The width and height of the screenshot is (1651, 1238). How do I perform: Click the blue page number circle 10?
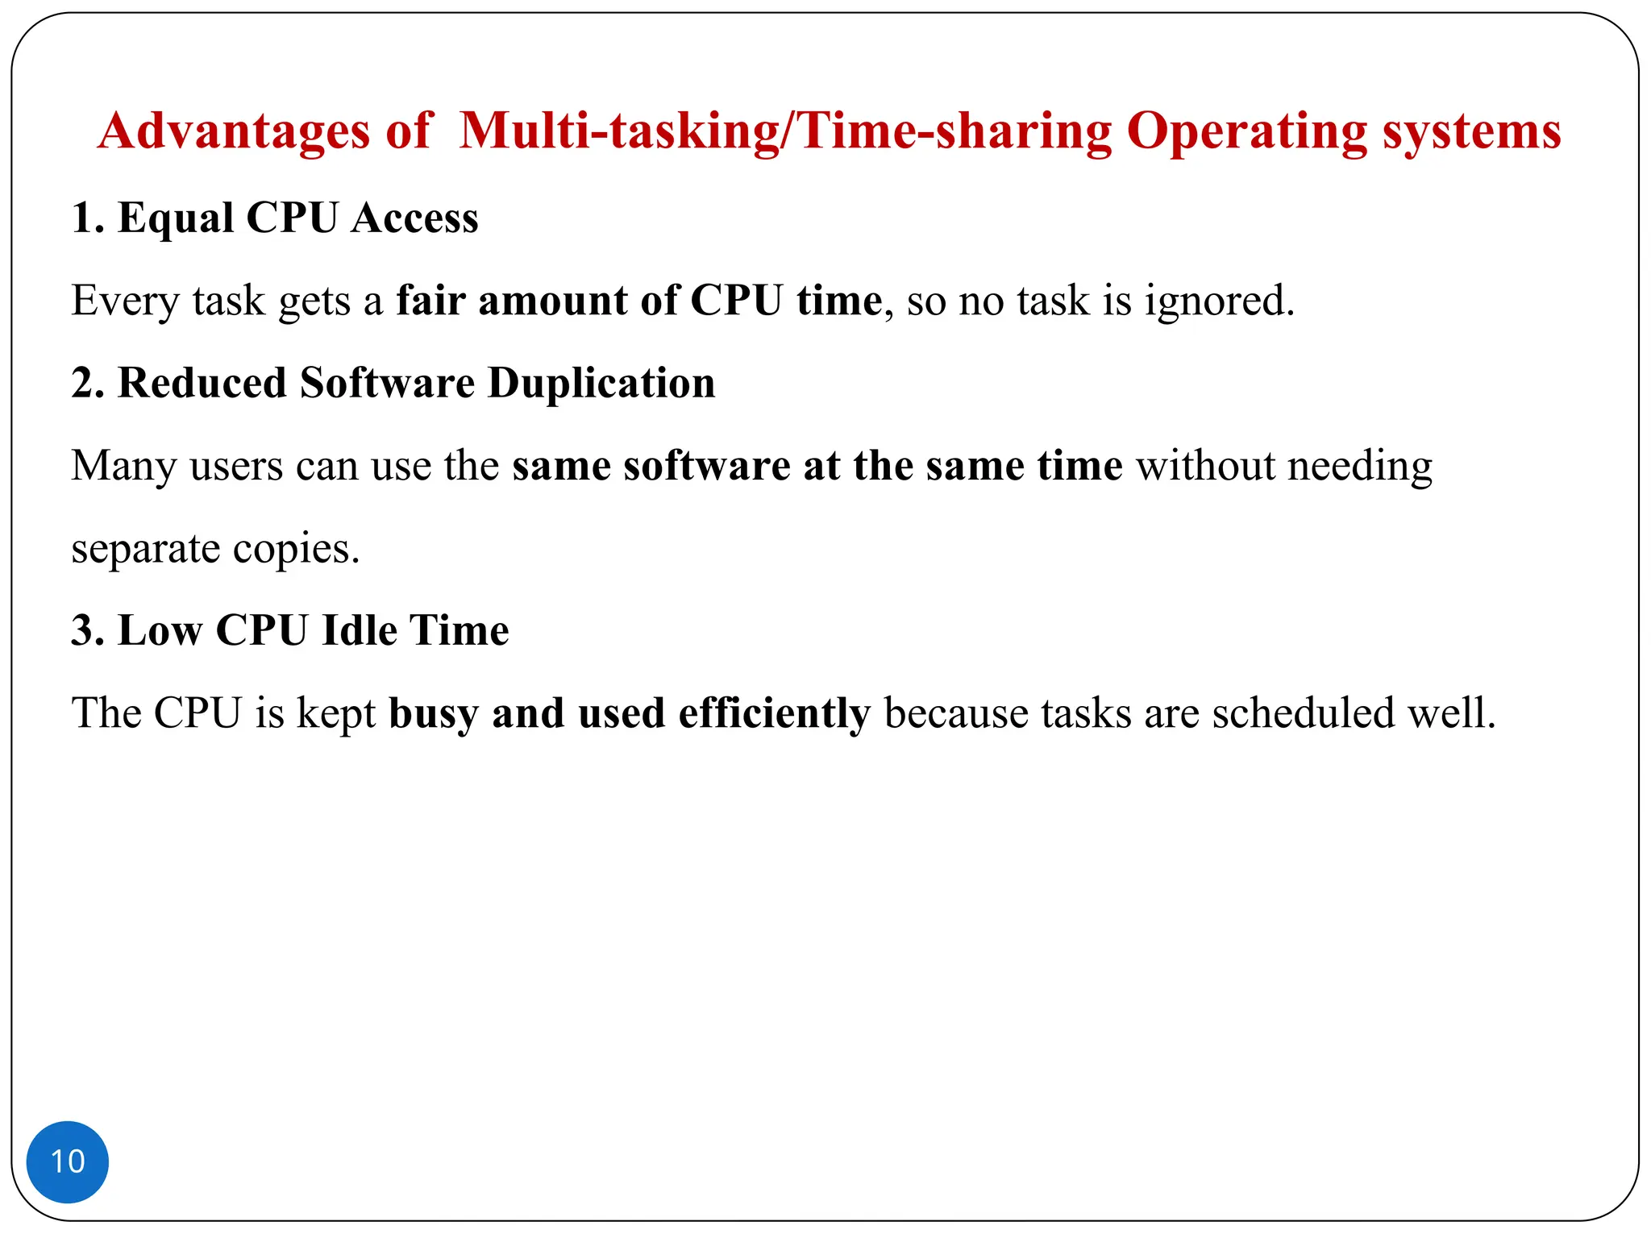[68, 1161]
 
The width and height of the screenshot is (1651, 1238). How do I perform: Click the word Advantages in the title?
[234, 131]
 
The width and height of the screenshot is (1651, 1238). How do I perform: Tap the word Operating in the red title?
[1246, 131]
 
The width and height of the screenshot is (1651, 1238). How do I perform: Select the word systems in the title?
[1472, 131]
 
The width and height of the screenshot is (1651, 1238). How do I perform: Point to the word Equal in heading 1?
[176, 218]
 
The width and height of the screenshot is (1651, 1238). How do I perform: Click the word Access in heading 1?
[414, 218]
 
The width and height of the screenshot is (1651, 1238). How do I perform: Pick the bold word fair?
[430, 301]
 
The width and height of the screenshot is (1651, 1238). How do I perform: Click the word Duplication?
[601, 383]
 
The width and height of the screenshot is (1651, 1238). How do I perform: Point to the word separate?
[145, 549]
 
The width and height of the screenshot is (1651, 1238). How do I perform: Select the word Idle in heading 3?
[359, 630]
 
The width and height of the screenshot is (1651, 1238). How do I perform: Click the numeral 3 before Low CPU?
[82, 630]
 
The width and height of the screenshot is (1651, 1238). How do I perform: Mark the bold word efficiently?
[774, 713]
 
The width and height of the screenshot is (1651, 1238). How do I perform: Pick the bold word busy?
[434, 713]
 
